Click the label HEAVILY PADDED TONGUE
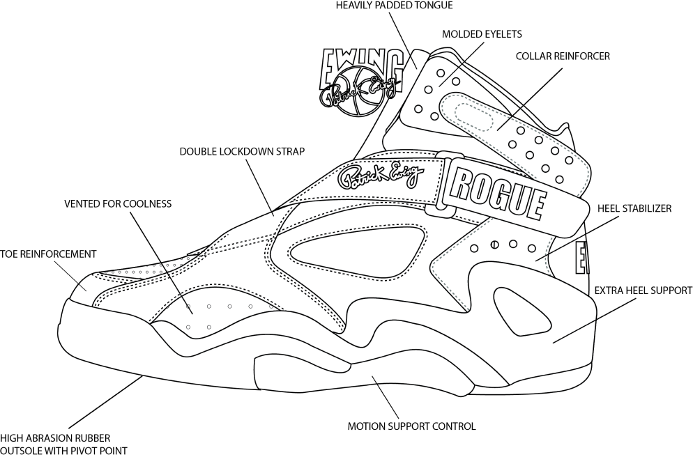tap(394, 6)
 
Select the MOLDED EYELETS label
tap(482, 33)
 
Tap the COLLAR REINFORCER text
tap(563, 56)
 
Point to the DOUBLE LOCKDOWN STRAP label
tap(241, 151)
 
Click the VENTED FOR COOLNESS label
tap(118, 204)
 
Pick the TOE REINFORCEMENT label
tap(48, 254)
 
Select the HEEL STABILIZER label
tap(634, 208)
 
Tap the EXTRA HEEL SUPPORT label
tap(642, 290)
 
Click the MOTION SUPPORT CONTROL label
tap(411, 426)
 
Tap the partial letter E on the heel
tap(581, 258)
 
